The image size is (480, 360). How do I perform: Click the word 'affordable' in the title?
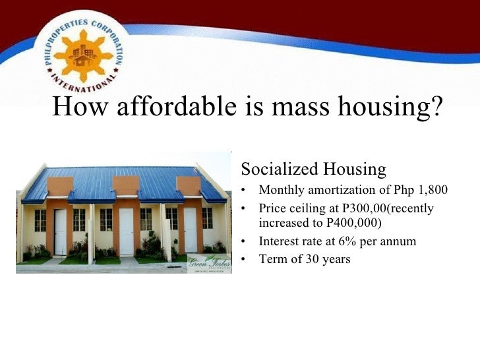pos(168,107)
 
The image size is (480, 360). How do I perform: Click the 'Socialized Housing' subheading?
pos(313,169)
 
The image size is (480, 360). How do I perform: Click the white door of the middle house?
pos(126,231)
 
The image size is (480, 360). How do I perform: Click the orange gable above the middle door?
pos(125,185)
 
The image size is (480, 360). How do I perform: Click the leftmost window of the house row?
pos(40,220)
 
